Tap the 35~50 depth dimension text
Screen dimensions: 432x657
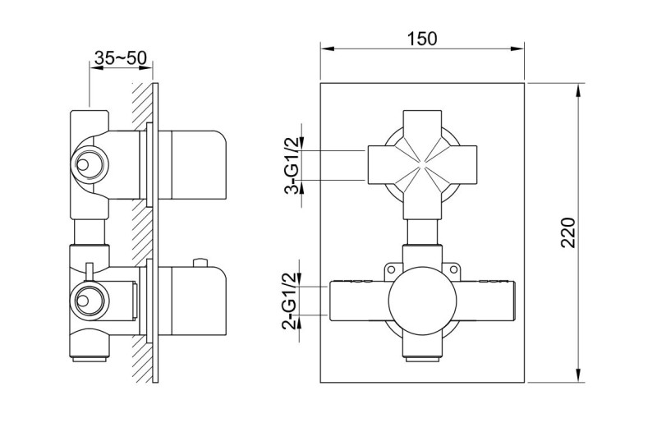(120, 58)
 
